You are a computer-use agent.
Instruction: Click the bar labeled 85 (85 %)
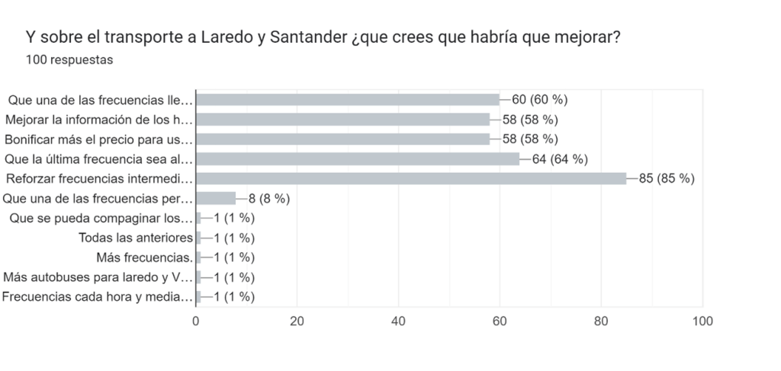pos(411,178)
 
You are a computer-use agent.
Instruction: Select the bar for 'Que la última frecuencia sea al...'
pos(358,158)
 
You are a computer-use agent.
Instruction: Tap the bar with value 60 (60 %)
pos(348,99)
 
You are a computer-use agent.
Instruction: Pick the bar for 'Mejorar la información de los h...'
pos(342,119)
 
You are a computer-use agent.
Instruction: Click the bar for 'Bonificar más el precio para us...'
pos(342,139)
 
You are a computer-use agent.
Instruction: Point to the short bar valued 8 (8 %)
pos(216,198)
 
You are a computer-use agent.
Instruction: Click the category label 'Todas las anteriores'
pos(135,238)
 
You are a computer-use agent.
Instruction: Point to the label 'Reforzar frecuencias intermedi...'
pos(98,178)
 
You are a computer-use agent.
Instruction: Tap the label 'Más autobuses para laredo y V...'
pos(98,277)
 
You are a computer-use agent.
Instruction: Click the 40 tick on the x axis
pos(398,321)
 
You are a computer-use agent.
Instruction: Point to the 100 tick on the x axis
pos(702,321)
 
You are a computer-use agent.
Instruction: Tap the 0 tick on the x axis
pos(196,321)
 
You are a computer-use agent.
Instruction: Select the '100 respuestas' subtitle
pos(69,59)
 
